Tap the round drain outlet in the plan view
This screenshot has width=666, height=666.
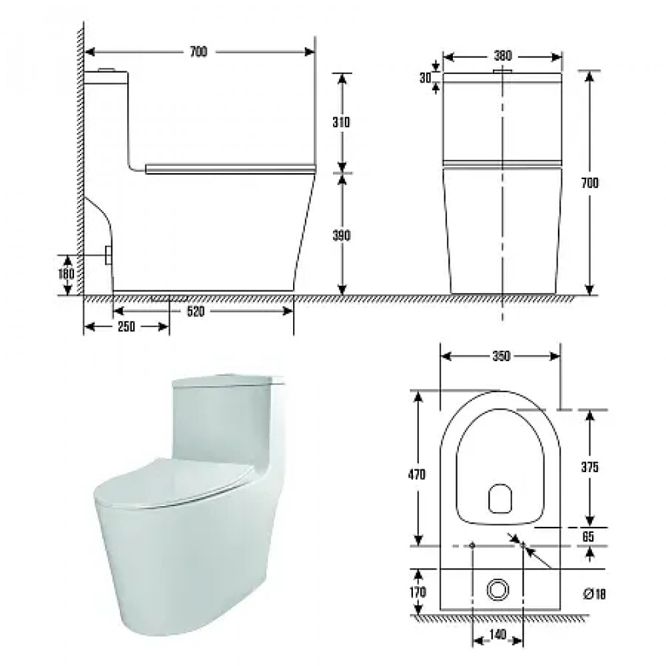(497, 589)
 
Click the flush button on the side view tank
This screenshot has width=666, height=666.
(107, 69)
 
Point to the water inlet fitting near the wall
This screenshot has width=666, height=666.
(107, 254)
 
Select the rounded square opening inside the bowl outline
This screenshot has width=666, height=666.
(501, 498)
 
